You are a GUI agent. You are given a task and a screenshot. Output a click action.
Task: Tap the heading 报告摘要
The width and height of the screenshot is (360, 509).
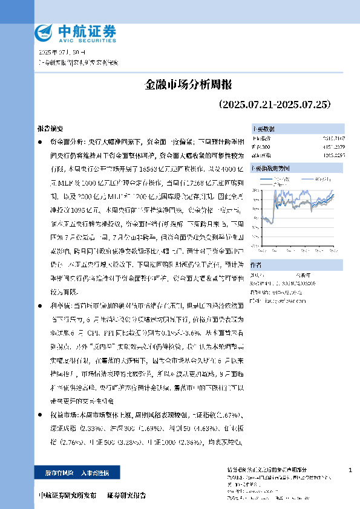coord(50,129)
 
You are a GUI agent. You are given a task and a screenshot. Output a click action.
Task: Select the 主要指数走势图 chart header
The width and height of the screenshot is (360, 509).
coord(270,168)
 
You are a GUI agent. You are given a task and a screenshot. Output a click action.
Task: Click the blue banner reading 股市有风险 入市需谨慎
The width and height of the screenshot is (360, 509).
coord(76,472)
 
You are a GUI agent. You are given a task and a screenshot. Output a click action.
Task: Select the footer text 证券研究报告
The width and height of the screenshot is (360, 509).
coord(126,496)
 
